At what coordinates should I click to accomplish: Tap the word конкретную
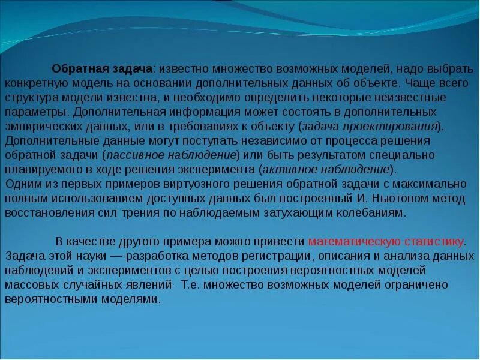pyautogui.click(x=32, y=83)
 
